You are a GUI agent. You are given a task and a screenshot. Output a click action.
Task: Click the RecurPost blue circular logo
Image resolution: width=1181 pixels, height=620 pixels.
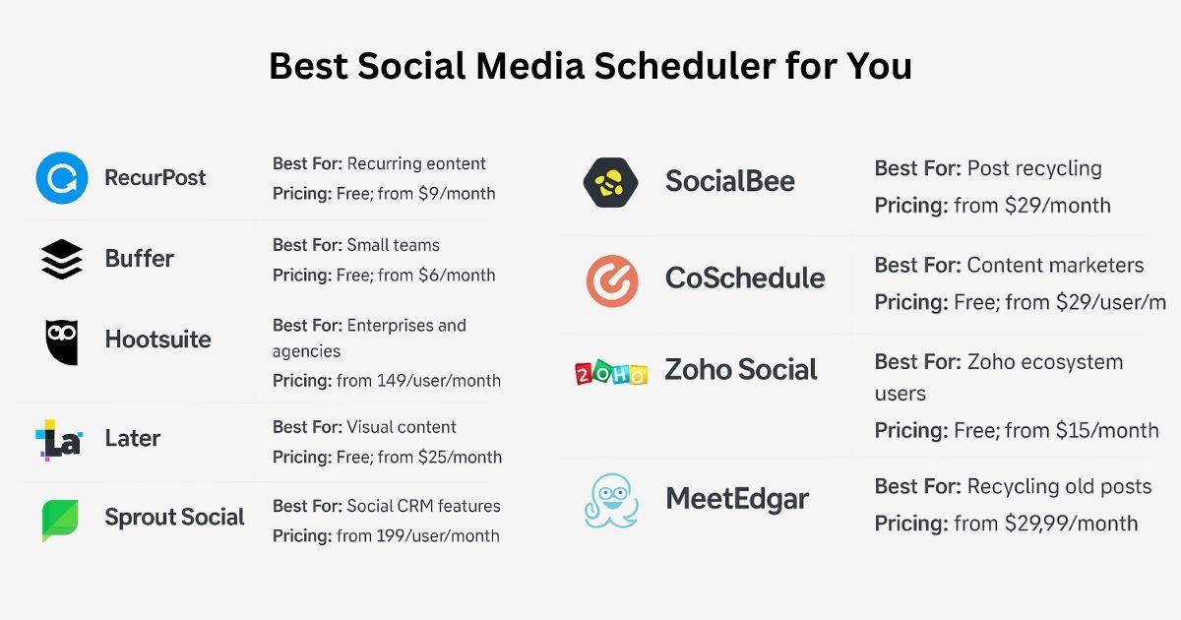pos(62,178)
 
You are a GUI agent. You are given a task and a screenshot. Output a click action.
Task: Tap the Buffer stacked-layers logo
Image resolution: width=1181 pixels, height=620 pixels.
pos(62,259)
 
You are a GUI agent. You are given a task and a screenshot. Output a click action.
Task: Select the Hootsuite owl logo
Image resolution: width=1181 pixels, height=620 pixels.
pos(62,341)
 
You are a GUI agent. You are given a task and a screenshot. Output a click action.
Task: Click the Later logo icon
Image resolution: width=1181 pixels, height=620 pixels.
pos(58,440)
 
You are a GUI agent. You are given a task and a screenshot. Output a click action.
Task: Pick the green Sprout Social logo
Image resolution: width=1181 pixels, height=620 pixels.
pos(60,520)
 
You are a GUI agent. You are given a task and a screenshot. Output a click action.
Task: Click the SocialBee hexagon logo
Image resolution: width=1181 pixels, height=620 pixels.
pos(611,182)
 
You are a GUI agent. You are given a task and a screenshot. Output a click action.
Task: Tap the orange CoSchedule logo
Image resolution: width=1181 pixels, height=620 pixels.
pos(612,279)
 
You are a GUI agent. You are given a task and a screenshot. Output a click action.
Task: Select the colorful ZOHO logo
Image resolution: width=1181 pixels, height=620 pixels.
pos(611,373)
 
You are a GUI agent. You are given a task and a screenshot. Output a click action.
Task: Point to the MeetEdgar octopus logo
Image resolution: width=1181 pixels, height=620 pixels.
pos(611,500)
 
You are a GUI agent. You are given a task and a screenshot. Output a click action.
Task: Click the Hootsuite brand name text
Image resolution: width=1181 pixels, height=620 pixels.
pos(157,340)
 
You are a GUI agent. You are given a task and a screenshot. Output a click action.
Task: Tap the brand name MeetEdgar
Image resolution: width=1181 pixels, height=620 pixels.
pos(736,499)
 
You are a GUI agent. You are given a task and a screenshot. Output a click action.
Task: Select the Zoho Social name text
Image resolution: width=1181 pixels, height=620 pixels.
pos(740,370)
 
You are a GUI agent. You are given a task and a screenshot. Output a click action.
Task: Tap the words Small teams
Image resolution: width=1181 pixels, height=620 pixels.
pos(393,245)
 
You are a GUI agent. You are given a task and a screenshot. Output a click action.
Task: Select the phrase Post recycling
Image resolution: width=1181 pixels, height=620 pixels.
pos(1034,168)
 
